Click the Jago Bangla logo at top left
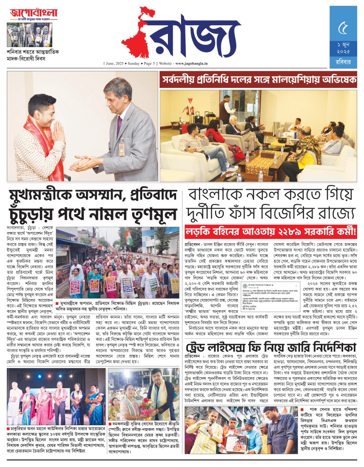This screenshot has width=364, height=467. [x=29, y=13]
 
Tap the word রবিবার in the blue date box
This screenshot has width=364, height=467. [x=346, y=61]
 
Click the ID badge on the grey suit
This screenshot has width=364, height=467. [x=121, y=148]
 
